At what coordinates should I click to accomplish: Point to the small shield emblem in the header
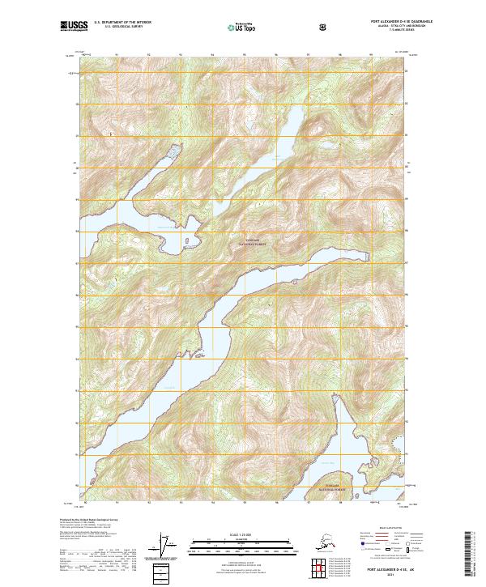324,28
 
